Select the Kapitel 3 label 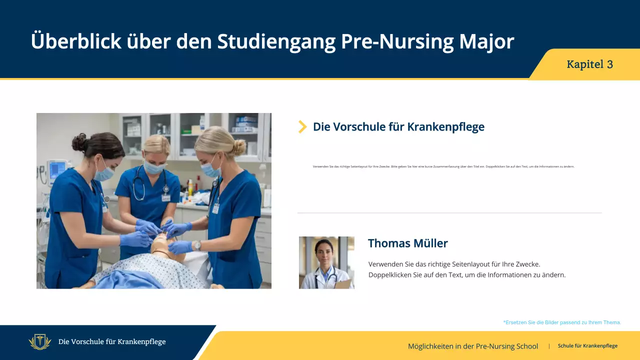[589, 64]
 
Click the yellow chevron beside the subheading [302, 126]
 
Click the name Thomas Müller [407, 243]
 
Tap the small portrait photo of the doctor [326, 262]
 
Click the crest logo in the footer [40, 342]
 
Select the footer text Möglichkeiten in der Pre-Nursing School [472, 346]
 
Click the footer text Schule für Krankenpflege [587, 346]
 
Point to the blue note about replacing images [562, 322]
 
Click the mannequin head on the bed [163, 245]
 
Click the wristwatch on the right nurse [197, 245]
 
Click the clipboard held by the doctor [343, 283]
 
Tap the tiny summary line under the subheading [443, 166]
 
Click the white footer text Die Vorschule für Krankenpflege [112, 342]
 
